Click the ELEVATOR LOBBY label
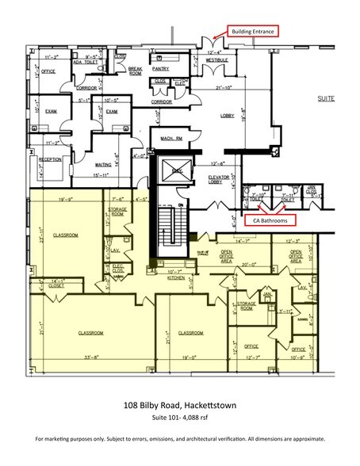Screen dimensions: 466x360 pyautogui.click(x=219, y=179)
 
